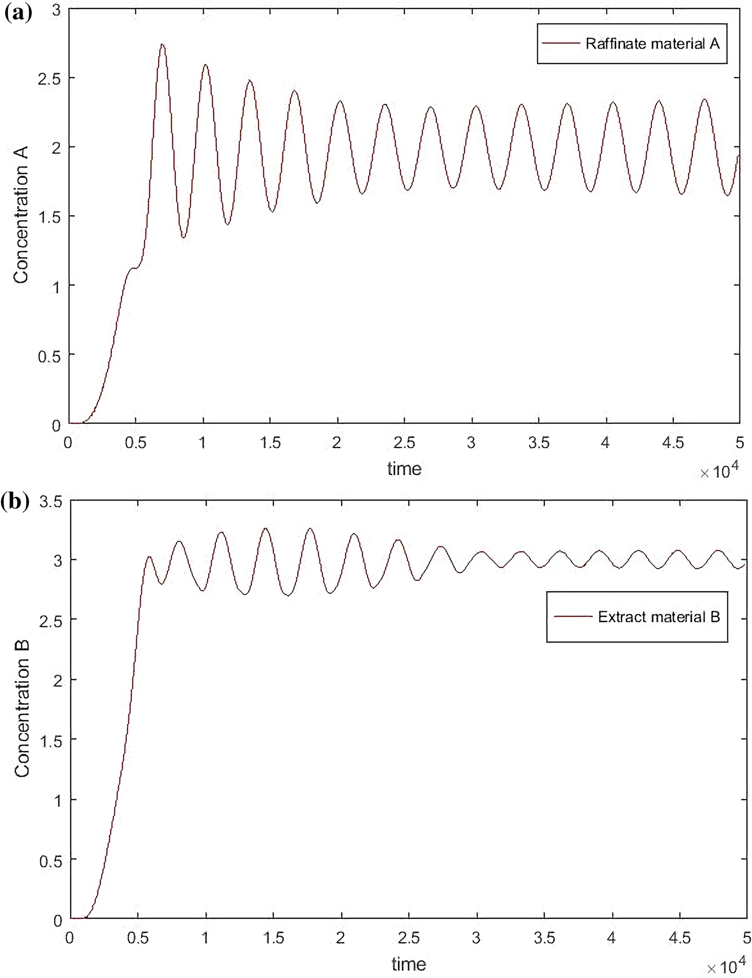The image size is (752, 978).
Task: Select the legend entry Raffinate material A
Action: (652, 44)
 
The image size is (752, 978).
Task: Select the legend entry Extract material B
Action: (659, 616)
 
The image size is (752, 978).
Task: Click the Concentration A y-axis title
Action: (21, 215)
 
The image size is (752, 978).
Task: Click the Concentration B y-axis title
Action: (22, 709)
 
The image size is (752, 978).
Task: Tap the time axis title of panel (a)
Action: (404, 469)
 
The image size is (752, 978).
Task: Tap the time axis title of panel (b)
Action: (408, 963)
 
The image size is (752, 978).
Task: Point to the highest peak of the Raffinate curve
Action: (162, 45)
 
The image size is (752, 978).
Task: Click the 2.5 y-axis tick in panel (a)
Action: (49, 78)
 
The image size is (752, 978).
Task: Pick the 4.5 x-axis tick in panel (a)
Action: (673, 443)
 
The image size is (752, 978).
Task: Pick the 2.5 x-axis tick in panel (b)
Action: (409, 937)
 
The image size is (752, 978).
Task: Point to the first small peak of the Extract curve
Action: (149, 557)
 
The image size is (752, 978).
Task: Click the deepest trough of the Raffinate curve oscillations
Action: (184, 237)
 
